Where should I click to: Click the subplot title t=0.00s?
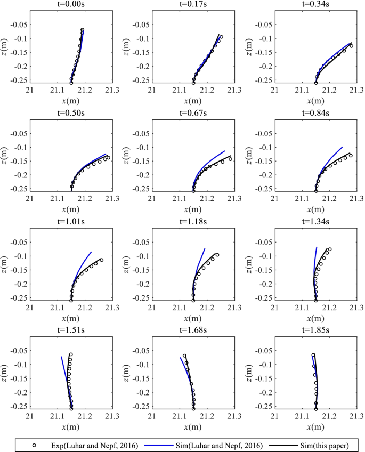pyautogui.click(x=71, y=5)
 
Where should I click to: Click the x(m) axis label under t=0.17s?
pyautogui.click(x=193, y=102)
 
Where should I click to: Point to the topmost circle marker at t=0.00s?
pyautogui.click(x=83, y=30)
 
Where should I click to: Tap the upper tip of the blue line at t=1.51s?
pyautogui.click(x=62, y=357)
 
